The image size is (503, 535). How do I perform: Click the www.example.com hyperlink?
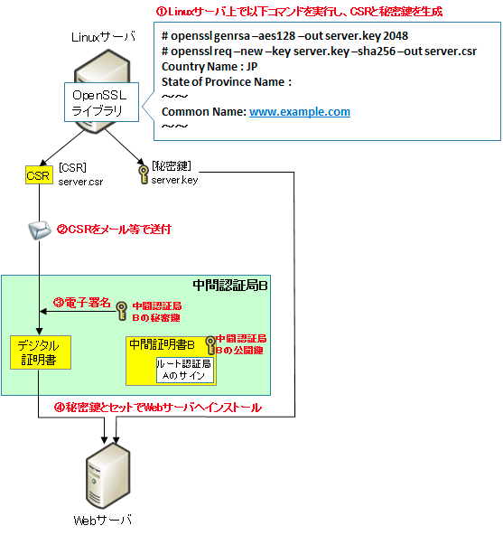pos(300,112)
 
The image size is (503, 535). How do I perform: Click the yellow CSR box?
pos(39,175)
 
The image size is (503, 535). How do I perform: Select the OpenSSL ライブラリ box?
pos(101,102)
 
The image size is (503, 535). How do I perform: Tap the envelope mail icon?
pos(39,230)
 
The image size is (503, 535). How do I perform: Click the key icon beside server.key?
pos(144,174)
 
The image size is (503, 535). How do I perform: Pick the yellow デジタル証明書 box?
pos(41,352)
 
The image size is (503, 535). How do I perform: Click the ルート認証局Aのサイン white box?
pos(185,371)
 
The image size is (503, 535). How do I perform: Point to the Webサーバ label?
pos(102,521)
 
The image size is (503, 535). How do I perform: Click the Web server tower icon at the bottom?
pos(107,475)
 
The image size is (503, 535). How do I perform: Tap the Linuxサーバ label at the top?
pos(103,37)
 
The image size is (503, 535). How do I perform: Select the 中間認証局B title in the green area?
pos(230,286)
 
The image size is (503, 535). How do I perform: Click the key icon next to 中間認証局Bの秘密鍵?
pos(121,311)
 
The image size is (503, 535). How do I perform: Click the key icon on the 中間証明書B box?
pos(210,345)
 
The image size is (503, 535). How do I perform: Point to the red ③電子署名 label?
pos(82,303)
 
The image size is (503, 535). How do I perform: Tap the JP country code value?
pos(252,67)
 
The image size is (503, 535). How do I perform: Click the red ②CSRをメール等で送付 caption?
pos(114,230)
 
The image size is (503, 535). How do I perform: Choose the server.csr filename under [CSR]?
pos(80,182)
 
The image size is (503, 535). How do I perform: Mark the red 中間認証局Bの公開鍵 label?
pos(241,344)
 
